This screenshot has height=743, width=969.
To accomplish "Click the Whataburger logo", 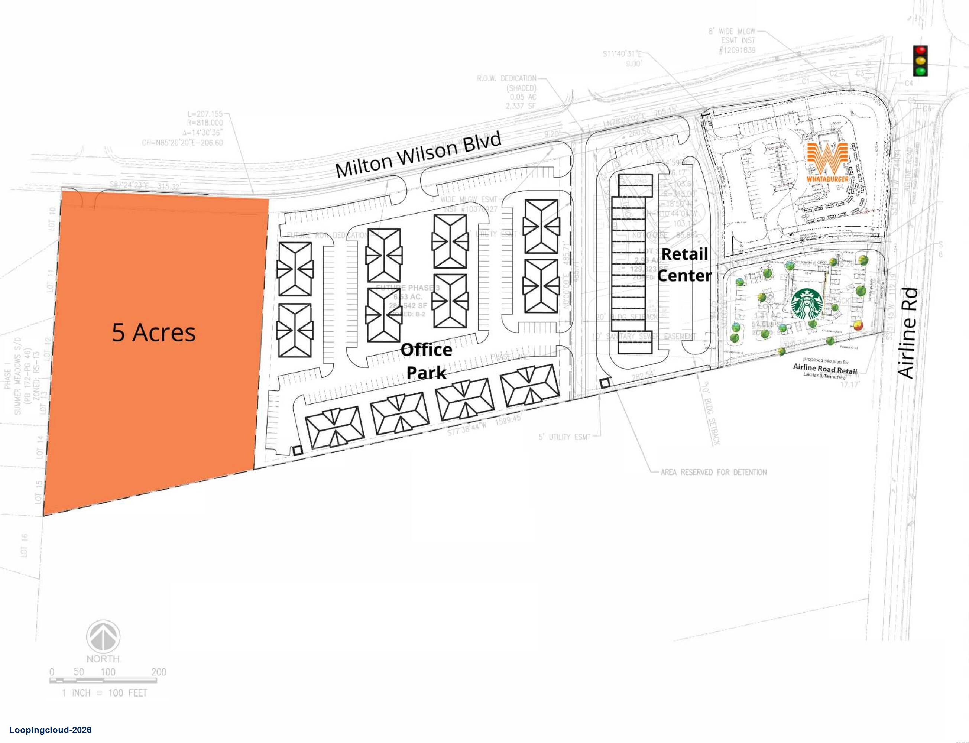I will coord(827,162).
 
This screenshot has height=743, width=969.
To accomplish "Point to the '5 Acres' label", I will coord(153,332).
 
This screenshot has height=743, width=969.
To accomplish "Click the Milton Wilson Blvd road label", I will coord(418,155).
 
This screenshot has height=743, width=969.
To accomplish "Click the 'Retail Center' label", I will coord(684,265).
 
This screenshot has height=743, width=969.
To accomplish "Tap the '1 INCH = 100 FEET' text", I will coord(104,693).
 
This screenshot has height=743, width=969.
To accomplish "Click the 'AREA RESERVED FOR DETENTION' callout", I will coord(713,472).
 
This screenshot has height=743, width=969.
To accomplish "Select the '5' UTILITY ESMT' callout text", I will coord(564,437).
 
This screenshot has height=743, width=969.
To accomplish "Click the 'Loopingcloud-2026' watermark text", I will coord(50,730).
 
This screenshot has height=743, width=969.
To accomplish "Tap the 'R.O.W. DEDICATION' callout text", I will coord(506,79).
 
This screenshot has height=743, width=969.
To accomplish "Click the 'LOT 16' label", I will coord(24,545).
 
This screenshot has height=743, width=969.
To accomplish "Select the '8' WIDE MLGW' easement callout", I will coord(733,32).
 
